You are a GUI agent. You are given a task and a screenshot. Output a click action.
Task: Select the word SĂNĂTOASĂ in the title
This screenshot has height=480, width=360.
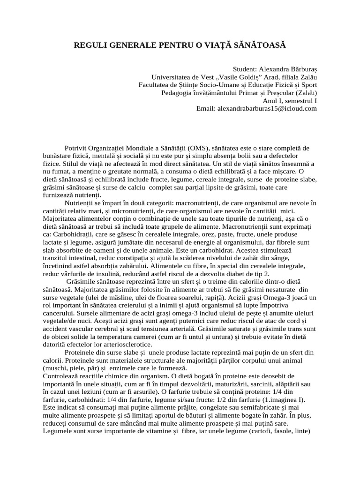coord(260,45)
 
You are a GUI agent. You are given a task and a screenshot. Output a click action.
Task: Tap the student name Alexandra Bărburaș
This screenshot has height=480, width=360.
coord(287,69)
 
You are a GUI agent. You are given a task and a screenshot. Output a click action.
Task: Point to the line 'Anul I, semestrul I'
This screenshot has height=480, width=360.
coord(290,100)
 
